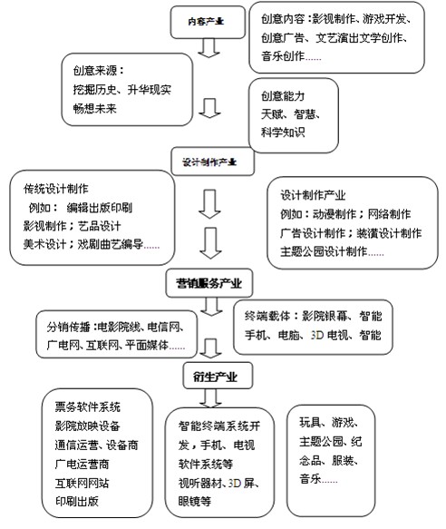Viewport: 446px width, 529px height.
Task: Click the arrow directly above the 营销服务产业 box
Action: point(209,243)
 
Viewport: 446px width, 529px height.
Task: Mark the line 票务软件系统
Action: point(87,405)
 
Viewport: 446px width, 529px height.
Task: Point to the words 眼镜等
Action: point(193,500)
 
